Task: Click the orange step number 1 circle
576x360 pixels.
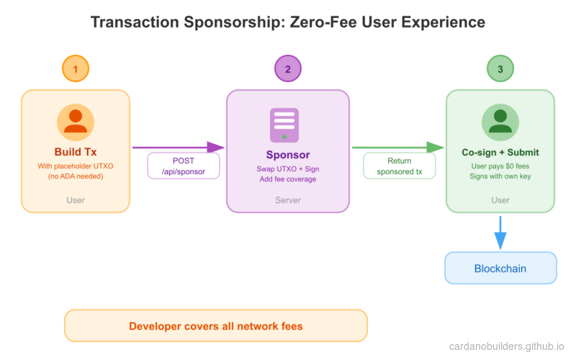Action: [76, 69]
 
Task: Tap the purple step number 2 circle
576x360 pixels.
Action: [288, 69]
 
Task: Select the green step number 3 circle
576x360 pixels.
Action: [500, 69]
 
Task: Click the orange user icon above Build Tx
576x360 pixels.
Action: [76, 122]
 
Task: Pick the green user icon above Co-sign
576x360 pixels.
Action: [500, 122]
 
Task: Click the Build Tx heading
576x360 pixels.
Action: [76, 152]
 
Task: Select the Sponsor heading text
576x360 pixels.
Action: [288, 155]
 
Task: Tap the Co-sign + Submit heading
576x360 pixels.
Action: [500, 153]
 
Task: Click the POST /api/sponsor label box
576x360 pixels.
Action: [184, 166]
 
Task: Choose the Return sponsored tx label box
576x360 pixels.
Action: [400, 166]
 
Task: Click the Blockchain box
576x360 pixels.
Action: [500, 269]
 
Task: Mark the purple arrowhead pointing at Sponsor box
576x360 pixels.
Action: [216, 148]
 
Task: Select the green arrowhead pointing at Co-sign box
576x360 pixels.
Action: [436, 148]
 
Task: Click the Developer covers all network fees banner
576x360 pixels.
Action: [216, 326]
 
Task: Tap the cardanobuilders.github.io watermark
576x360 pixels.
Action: [507, 346]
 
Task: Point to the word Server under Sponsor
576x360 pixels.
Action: [288, 199]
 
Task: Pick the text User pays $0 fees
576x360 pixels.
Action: [500, 166]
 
